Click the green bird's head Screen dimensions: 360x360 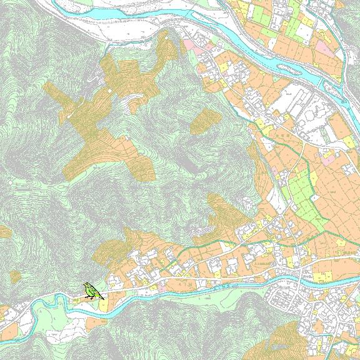click(86, 286)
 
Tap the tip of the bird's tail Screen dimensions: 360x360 click(103, 299)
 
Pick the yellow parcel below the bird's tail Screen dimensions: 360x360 click(102, 306)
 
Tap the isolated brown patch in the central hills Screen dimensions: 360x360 click(202, 121)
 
